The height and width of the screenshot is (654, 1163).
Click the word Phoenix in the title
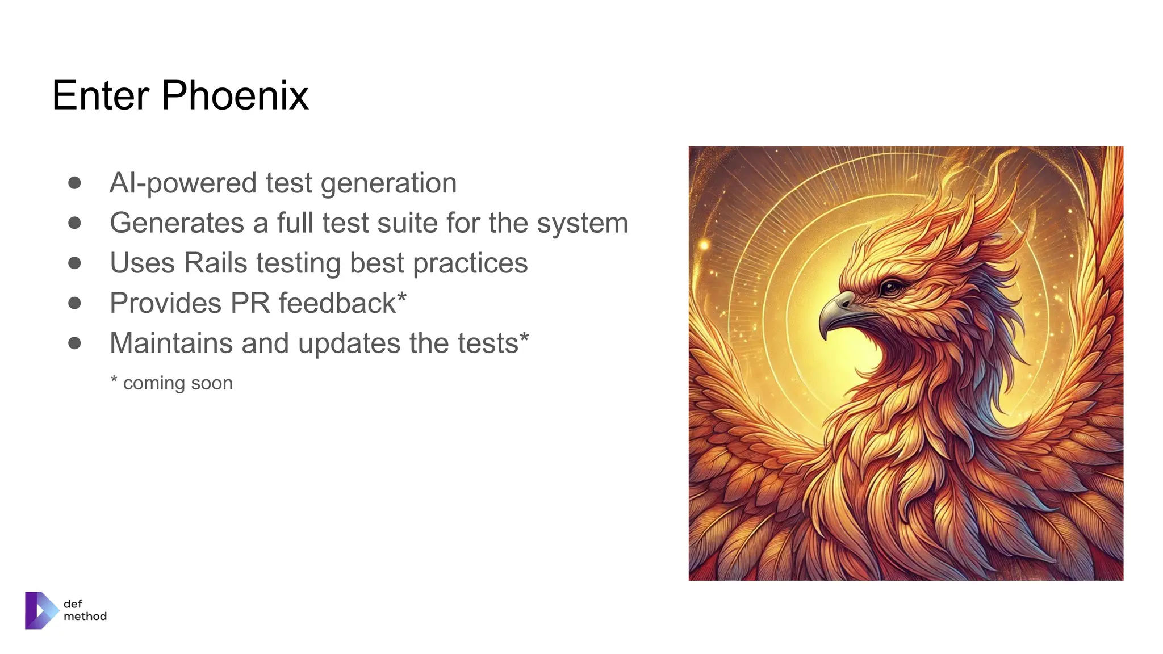(235, 95)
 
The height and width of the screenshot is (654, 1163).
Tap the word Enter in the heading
(101, 95)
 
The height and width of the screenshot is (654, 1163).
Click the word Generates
(177, 223)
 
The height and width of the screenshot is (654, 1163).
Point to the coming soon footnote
(172, 383)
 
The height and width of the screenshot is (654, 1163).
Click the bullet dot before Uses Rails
(74, 263)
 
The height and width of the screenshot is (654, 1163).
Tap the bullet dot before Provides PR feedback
(74, 303)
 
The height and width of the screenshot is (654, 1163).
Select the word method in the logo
(85, 616)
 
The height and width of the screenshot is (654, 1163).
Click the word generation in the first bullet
(388, 183)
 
